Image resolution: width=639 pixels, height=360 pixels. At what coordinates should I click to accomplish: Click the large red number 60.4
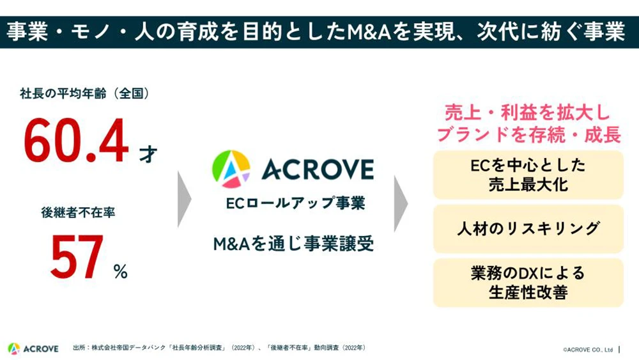pyautogui.click(x=76, y=142)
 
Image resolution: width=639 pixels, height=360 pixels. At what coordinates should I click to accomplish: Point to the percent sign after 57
pyautogui.click(x=120, y=271)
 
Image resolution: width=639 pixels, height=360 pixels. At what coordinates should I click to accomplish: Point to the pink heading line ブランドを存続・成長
pyautogui.click(x=527, y=134)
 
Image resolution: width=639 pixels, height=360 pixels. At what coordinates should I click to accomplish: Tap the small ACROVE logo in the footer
pyautogui.click(x=33, y=348)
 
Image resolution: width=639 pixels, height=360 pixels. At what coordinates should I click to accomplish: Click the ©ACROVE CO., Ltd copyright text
pyautogui.click(x=587, y=350)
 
